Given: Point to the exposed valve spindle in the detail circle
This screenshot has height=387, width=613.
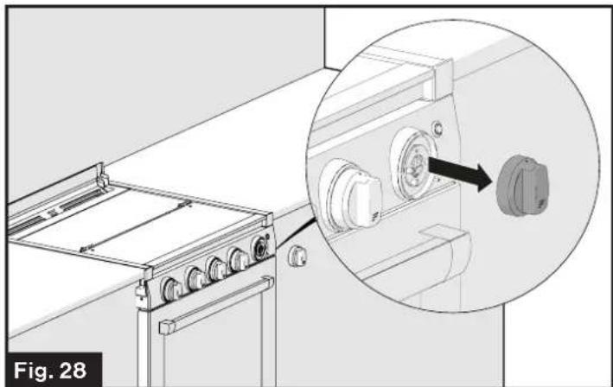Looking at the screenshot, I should (x=416, y=163).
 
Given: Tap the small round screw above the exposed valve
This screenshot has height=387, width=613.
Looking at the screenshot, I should (x=440, y=128).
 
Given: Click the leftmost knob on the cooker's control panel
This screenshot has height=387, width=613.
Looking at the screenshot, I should (x=170, y=288).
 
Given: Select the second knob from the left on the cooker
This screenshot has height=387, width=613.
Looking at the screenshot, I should (x=196, y=277).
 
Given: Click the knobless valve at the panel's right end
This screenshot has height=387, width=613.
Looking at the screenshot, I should (x=259, y=247).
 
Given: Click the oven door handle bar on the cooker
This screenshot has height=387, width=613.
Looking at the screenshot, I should (x=216, y=308).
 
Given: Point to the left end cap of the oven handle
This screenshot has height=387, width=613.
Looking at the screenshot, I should (x=163, y=329).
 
